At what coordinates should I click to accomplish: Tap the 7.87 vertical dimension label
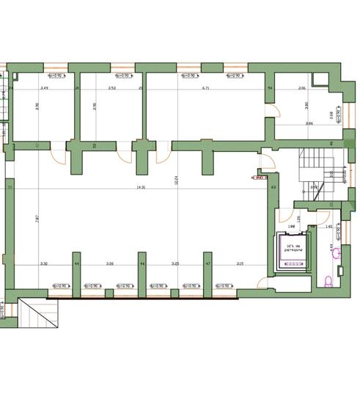click(37, 217)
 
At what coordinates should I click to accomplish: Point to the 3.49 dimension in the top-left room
click(44, 88)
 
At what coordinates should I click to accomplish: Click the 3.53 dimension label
click(111, 88)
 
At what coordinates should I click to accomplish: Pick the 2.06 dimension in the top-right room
click(301, 88)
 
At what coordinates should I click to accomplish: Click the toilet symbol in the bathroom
click(328, 279)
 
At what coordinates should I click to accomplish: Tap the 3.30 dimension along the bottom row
click(43, 263)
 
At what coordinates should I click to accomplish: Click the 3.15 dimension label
click(240, 263)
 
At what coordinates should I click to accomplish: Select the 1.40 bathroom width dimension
click(328, 227)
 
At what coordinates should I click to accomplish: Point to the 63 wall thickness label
click(273, 188)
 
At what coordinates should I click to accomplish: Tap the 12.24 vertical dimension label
click(176, 180)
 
